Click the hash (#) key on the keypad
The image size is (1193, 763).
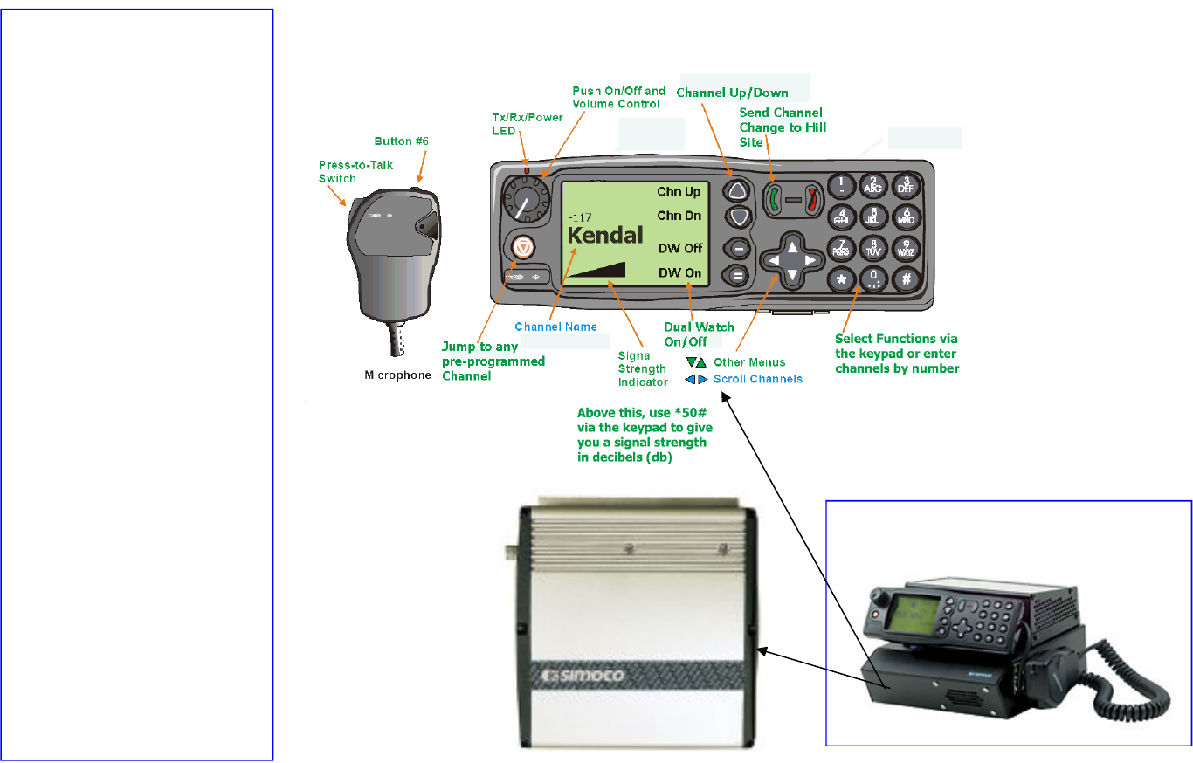906,278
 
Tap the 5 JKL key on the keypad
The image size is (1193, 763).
872,217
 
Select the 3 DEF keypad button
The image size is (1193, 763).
906,185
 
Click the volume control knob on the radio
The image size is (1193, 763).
527,198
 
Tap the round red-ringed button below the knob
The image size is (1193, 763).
523,247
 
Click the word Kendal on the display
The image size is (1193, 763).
605,236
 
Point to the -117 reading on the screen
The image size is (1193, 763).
580,217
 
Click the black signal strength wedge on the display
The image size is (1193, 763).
597,270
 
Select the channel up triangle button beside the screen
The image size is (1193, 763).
737,190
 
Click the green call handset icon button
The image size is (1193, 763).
775,199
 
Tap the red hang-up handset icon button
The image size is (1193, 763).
811,199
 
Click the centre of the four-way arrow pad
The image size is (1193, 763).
792,260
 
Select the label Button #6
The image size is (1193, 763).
401,141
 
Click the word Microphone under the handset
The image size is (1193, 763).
398,375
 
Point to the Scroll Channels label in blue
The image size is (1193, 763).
758,379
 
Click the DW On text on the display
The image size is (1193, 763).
680,272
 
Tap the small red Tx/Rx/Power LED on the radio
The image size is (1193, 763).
527,171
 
